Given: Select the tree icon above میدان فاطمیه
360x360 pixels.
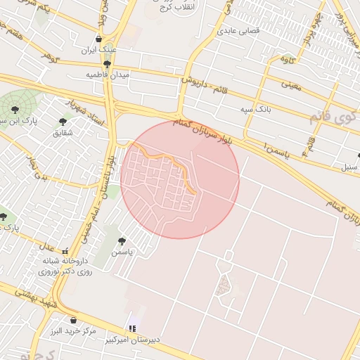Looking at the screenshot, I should tap(107, 63).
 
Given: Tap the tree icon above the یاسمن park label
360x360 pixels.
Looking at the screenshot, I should tap(122, 241).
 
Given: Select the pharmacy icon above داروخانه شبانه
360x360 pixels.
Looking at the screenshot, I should tap(65, 251).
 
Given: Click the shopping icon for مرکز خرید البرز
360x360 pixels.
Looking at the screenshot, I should tap(73, 320).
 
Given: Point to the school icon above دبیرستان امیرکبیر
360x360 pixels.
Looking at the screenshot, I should tap(131, 328).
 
